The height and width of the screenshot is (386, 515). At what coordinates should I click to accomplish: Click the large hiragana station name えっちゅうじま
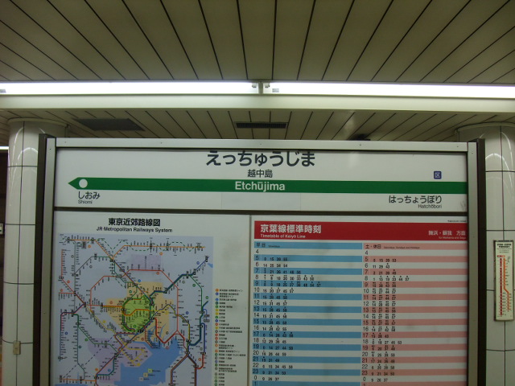259,158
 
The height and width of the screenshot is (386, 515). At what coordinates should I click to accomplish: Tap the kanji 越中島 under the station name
259,173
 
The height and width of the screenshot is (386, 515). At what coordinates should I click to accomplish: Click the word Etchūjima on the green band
260,186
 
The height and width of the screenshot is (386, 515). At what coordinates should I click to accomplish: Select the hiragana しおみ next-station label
89,195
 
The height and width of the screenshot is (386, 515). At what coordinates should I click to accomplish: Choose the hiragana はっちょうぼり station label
414,199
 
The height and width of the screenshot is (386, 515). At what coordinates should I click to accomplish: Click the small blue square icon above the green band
437,175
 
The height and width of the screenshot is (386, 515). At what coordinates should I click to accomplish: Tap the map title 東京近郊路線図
134,222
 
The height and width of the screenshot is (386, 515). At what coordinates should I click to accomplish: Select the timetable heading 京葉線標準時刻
290,229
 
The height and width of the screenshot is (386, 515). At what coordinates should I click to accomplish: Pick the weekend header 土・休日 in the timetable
373,244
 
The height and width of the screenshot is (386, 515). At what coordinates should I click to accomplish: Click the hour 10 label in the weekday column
257,290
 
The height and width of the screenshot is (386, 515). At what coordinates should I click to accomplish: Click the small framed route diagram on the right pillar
503,280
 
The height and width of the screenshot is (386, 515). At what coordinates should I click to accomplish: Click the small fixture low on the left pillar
16,347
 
